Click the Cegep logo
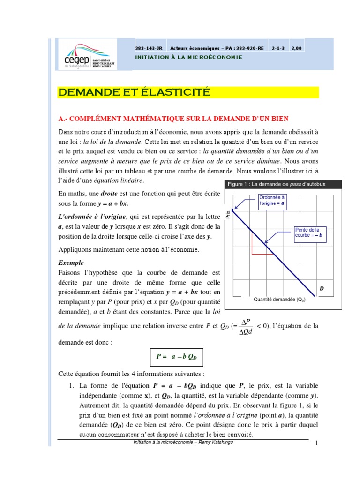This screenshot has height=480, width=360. point(85,56)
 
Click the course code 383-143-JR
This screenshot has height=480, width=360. point(147,48)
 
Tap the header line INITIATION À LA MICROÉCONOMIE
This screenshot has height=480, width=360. point(188,57)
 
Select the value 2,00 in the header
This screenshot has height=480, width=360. point(297,48)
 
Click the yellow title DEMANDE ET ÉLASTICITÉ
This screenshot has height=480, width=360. point(134,92)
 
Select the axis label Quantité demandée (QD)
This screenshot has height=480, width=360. point(279,300)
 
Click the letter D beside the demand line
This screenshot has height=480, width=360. point(322,289)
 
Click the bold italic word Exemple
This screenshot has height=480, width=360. point(71,262)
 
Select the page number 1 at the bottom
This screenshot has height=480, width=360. point(317,444)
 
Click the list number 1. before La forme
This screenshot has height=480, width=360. point(72,386)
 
